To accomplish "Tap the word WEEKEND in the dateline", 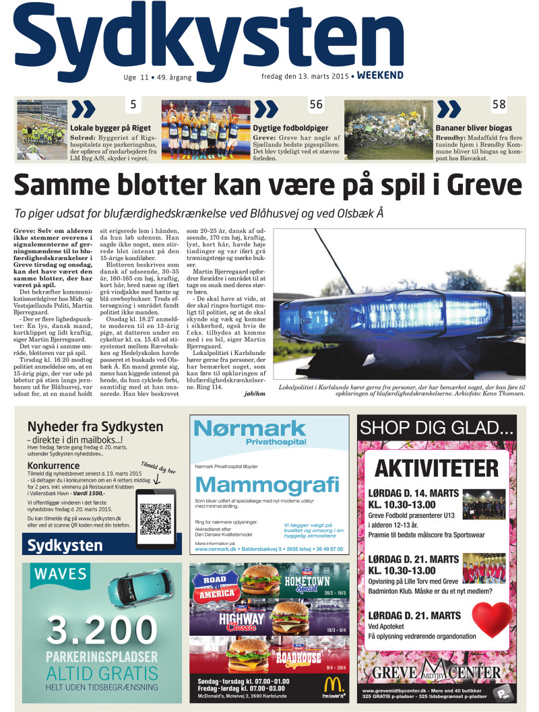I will click(380, 75).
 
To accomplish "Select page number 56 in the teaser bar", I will click(316, 104).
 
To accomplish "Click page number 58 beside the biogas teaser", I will click(499, 104).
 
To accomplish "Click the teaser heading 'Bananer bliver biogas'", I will click(474, 128).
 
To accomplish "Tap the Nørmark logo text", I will click(249, 429).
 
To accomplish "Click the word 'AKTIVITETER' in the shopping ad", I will click(441, 467).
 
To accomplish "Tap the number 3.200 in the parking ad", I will click(101, 629).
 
